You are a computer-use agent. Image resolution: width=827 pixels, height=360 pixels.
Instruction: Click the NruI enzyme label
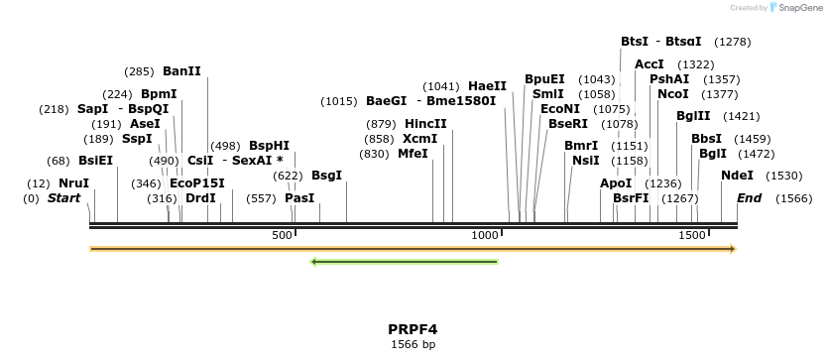73,183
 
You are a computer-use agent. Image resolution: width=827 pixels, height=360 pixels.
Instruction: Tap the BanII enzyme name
181,71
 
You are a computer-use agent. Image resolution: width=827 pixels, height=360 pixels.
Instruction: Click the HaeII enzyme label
487,86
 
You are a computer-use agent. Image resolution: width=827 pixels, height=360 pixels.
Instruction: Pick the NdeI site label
737,176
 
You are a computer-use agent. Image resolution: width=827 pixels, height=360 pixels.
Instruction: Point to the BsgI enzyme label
326,176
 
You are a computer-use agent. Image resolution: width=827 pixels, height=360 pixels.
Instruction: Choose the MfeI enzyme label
413,154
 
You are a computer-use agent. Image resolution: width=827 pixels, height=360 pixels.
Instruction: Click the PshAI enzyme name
669,79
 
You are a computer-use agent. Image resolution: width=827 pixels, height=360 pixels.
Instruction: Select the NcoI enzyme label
672,94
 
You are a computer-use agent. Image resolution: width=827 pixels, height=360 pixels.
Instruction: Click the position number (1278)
732,42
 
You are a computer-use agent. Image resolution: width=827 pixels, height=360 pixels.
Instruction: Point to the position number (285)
139,71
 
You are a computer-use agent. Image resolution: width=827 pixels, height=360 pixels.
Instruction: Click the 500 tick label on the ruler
283,235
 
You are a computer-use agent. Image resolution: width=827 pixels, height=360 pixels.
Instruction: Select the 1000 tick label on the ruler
485,235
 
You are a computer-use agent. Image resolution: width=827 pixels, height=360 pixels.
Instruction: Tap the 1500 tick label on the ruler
691,235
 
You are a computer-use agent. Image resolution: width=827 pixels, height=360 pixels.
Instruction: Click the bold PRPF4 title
413,328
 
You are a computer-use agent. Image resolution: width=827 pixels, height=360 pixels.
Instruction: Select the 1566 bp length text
413,344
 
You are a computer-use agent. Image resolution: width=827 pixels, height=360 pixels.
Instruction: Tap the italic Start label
63,198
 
